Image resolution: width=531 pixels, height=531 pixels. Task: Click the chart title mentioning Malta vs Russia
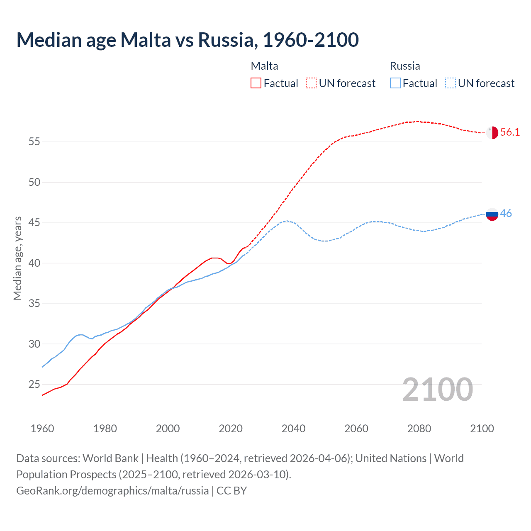(x=188, y=40)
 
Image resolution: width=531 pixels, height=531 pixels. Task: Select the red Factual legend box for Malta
(x=256, y=83)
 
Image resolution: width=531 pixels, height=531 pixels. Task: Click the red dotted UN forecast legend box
(x=311, y=83)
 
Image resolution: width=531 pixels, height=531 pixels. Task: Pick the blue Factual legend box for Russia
(x=395, y=83)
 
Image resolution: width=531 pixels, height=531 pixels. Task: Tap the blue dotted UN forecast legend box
(x=450, y=83)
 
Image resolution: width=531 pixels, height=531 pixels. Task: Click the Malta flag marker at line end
(x=492, y=132)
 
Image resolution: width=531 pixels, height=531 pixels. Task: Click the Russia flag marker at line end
(x=492, y=214)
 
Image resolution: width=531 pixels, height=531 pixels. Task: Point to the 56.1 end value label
(x=510, y=132)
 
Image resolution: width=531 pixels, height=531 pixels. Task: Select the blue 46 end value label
(x=506, y=214)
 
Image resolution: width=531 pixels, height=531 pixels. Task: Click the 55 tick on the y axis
(x=34, y=142)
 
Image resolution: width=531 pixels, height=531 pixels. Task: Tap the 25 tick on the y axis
(x=34, y=385)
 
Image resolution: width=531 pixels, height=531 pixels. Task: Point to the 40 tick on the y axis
(x=34, y=263)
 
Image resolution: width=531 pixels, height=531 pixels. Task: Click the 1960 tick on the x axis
(x=42, y=429)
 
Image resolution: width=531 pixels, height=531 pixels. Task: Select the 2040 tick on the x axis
(x=293, y=429)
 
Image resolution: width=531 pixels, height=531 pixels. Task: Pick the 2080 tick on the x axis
(x=419, y=429)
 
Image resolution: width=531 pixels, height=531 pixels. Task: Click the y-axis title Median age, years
(x=17, y=258)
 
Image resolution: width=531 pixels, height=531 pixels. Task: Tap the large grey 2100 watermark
(x=437, y=390)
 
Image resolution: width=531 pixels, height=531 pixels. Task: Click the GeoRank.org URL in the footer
(x=112, y=491)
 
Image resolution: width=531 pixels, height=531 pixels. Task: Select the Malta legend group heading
(x=264, y=66)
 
